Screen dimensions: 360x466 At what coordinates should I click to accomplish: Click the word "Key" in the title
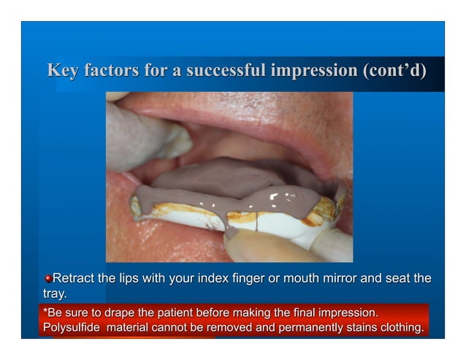pos(63,72)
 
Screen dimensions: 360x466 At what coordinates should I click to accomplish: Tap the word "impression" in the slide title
pos(315,72)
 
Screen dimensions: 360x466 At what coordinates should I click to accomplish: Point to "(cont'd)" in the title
pos(394,72)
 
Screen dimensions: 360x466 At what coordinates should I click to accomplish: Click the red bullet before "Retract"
pos(48,279)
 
